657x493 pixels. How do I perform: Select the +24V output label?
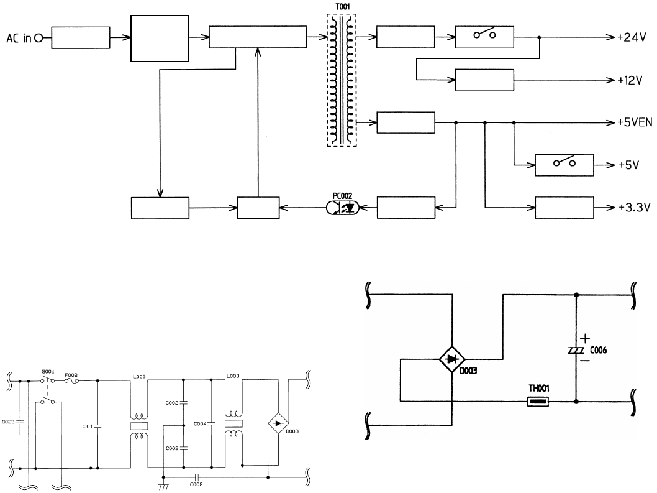[630, 37]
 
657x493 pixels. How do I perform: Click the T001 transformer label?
[342, 8]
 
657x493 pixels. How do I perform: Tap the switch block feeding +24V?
[484, 37]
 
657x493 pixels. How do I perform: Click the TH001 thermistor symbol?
[538, 402]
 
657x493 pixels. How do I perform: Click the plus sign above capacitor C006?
[586, 338]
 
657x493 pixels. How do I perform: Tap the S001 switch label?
[48, 374]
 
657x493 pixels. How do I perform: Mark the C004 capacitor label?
[201, 423]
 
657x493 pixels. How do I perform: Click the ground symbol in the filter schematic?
[163, 487]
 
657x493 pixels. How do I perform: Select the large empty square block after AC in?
[160, 39]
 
